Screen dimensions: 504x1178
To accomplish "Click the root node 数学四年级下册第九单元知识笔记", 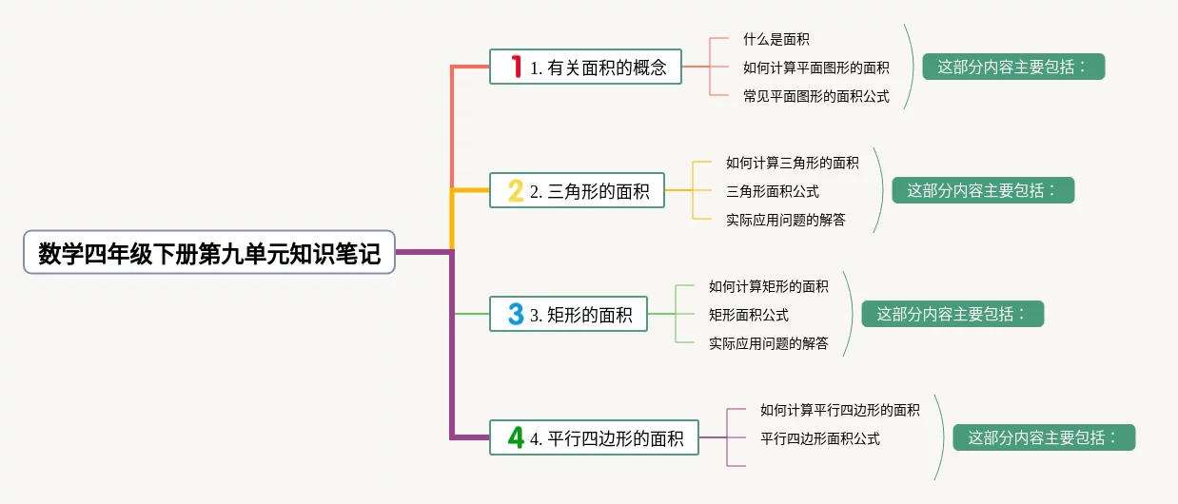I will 209,254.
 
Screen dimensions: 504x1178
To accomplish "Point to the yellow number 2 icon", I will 516,191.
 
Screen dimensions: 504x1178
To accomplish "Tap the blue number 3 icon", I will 516,314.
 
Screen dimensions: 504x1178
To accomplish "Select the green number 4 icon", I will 516,437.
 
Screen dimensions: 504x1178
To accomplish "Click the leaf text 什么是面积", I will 776,39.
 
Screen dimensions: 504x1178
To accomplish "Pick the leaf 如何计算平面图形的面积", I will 816,68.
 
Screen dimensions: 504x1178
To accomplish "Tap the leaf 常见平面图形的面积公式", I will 816,96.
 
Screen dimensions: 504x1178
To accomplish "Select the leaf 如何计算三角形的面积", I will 793,163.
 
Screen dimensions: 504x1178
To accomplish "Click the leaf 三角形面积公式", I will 773,191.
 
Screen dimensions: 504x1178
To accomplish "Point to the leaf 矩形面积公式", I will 749,315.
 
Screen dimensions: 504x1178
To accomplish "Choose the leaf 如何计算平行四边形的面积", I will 840,410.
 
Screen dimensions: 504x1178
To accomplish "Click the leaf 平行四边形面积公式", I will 820,438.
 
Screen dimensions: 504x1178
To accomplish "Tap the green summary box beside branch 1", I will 1013,67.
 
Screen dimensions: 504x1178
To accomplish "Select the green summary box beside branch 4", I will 1044,437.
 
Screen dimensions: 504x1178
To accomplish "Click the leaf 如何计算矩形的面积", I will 769,286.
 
